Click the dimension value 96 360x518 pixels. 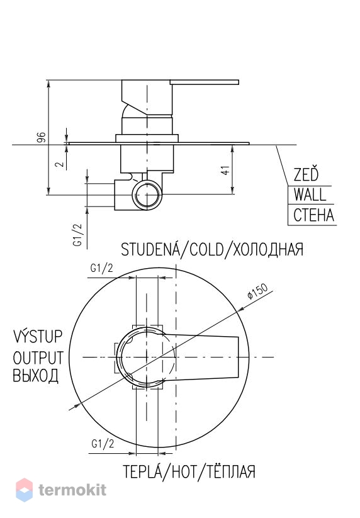tap(41, 137)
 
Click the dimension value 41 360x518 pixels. tap(225, 170)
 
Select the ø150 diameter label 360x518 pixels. tap(258, 291)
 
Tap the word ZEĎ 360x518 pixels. tap(306, 174)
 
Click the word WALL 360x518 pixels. tap(310, 194)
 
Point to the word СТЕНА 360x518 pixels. tap(314, 215)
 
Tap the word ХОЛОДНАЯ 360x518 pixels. tap(268, 249)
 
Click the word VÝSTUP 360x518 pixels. tap(38, 336)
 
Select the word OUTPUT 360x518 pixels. tap(38, 358)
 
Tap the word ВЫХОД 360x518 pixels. tap(36, 376)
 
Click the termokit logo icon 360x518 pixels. tap(25, 490)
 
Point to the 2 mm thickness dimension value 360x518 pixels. tap(60, 164)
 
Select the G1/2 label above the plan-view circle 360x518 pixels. tap(102, 268)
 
